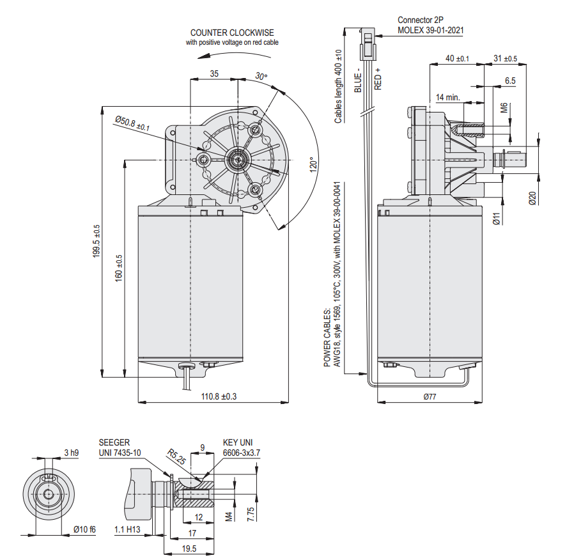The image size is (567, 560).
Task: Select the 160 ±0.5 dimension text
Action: (118, 268)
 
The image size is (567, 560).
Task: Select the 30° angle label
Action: (261, 76)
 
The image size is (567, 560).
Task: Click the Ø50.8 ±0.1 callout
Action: (132, 122)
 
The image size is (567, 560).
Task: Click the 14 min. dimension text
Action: (449, 97)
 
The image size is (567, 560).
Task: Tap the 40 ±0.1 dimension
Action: (457, 59)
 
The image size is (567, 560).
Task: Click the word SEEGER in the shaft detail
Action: (114, 442)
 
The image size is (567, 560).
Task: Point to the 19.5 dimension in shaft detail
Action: (189, 548)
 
